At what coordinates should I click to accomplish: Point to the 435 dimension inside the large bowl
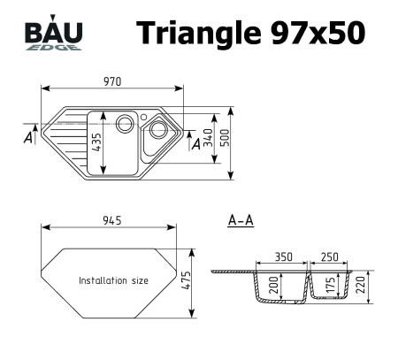pyautogui.click(x=96, y=142)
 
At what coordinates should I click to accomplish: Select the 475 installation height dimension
pyautogui.click(x=187, y=279)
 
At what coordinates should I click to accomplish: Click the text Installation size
pyautogui.click(x=113, y=280)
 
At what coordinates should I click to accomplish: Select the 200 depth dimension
pyautogui.click(x=274, y=285)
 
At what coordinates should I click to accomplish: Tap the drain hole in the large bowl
pyautogui.click(x=125, y=122)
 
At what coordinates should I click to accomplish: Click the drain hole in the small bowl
pyautogui.click(x=157, y=129)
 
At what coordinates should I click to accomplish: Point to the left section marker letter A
pyautogui.click(x=28, y=139)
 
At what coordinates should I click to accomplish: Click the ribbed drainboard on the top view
pyautogui.click(x=66, y=142)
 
